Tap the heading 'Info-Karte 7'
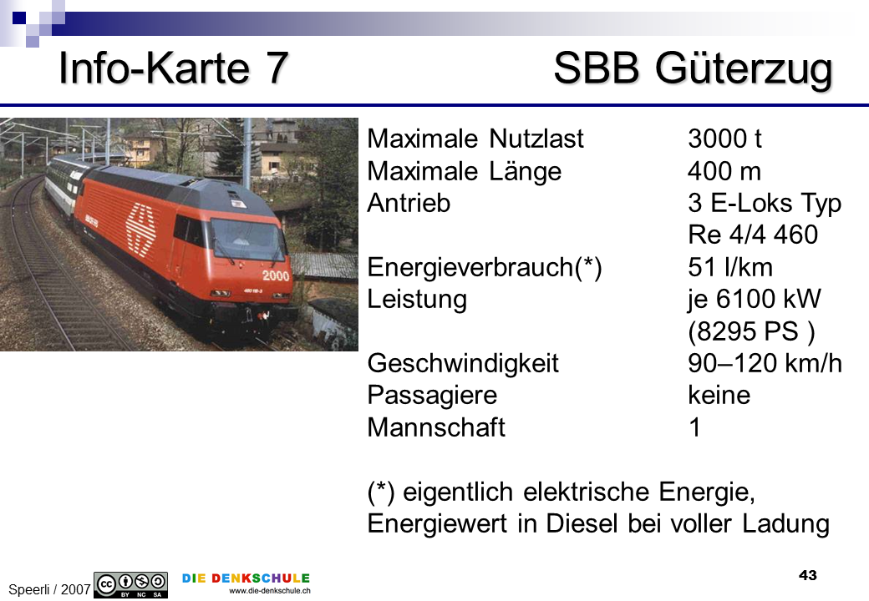174,68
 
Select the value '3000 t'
724,139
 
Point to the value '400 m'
724,171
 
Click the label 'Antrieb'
409,203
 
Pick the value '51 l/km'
730,267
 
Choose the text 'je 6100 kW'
755,299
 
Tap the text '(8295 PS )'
751,331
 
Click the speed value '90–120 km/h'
765,364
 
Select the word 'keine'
719,395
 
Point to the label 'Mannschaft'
436,427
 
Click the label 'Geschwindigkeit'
463,364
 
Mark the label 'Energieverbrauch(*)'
485,267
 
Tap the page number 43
808,576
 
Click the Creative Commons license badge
131,585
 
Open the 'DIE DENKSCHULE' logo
246,583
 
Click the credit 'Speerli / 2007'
49,589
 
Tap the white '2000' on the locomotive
276,275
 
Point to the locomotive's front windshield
247,239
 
